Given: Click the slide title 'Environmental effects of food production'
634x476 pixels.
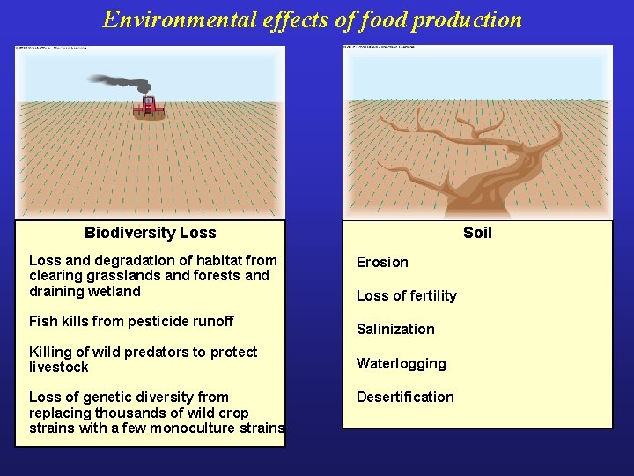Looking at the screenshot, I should point(312,19).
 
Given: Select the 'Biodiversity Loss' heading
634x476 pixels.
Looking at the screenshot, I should point(150,233).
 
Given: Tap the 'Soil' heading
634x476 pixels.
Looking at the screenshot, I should point(477,233).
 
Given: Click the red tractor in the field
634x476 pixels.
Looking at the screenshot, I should point(149,107).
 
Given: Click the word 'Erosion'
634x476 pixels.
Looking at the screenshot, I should point(382,262).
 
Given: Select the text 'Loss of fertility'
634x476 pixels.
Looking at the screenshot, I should point(406,295).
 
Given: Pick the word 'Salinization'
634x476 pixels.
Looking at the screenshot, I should point(395,329).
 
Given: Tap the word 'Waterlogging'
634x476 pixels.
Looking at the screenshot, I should point(401,363).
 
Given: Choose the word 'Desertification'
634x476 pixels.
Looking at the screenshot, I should point(405,397).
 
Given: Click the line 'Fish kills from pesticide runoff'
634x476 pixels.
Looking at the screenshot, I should point(131,321).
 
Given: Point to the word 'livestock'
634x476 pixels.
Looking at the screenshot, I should point(58,367).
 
